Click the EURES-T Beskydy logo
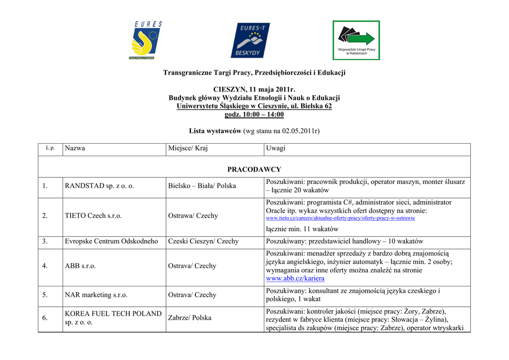click(x=250, y=40)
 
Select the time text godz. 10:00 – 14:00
click(x=254, y=114)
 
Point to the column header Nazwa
click(x=75, y=149)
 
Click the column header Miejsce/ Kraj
click(x=188, y=149)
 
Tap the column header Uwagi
click(x=276, y=149)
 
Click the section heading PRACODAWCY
click(x=254, y=170)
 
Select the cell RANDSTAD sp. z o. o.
click(x=99, y=186)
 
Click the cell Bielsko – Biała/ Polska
click(x=202, y=186)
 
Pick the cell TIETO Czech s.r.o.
click(x=93, y=216)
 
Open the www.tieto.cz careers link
click(x=340, y=218)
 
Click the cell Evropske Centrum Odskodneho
click(x=111, y=242)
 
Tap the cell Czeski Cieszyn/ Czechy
click(x=203, y=242)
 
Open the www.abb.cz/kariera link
click(x=295, y=279)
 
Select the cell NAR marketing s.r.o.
click(x=96, y=295)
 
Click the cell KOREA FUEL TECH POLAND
click(x=113, y=314)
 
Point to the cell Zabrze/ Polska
click(x=189, y=318)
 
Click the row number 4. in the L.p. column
click(x=45, y=266)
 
